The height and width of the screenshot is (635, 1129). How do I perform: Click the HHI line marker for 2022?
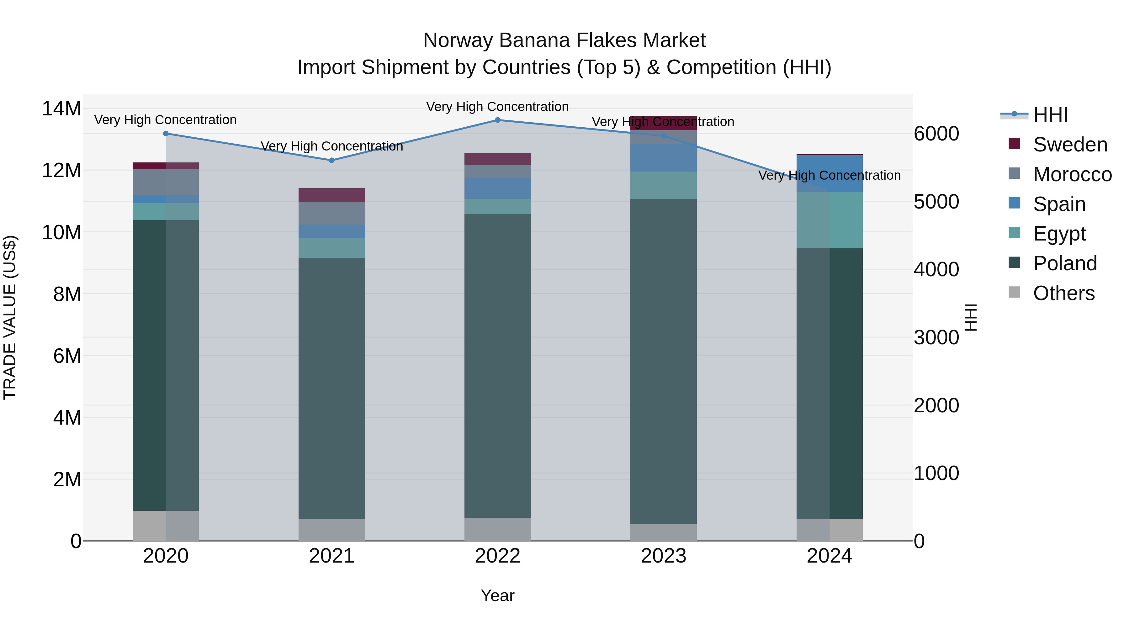[497, 120]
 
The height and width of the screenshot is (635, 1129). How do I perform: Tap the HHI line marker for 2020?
[166, 134]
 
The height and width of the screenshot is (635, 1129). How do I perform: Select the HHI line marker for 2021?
[332, 160]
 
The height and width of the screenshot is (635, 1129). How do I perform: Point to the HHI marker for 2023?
[664, 136]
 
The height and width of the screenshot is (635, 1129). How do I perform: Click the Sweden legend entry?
[1070, 145]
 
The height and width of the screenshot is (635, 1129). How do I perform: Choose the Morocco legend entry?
[1072, 174]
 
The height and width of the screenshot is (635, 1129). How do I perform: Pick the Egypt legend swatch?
[1014, 233]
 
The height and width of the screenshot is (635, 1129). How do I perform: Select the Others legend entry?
[1064, 293]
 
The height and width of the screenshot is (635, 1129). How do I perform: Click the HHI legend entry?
[1050, 115]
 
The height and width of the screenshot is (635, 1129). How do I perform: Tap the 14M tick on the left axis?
[61, 109]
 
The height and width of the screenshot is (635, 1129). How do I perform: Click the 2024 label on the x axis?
[829, 556]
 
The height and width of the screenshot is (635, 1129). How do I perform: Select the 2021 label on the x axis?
[332, 556]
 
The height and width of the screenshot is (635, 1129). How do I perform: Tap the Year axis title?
[497, 595]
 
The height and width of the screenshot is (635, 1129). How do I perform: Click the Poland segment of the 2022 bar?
[497, 366]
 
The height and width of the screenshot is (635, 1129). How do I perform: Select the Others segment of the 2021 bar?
[332, 530]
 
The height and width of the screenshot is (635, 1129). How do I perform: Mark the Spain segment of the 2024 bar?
[829, 173]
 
